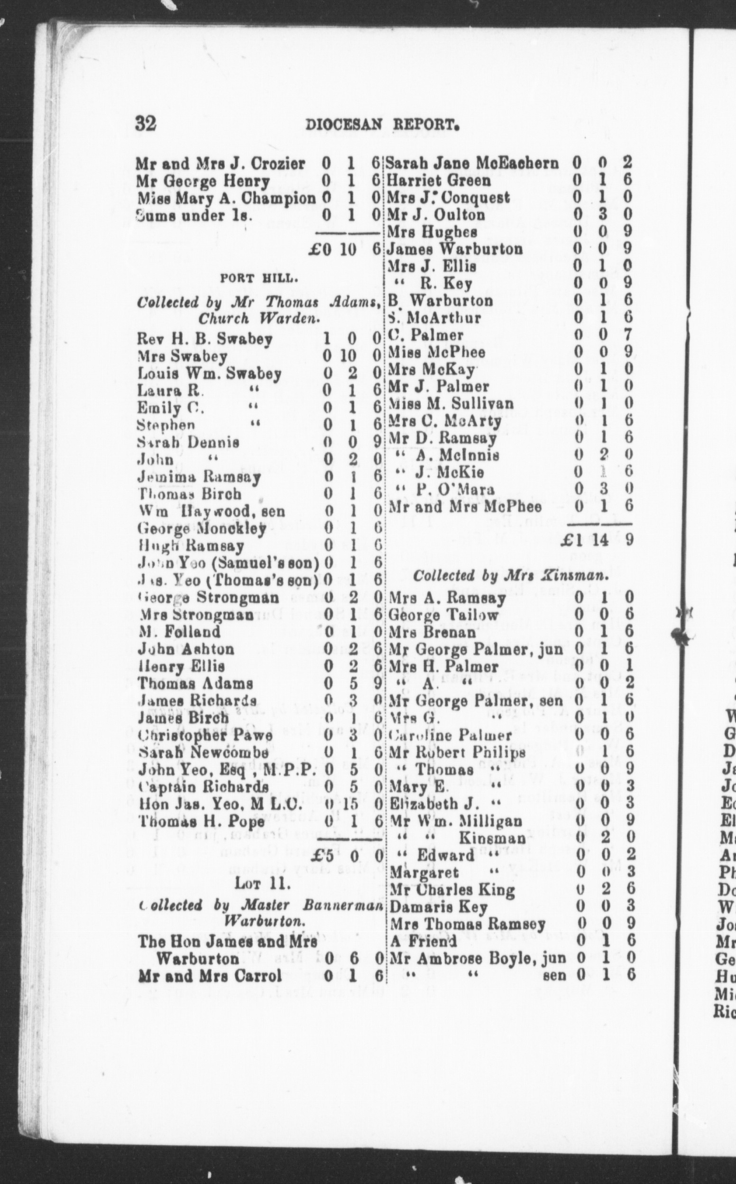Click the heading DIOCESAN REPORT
pos(382,125)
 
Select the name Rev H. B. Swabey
pos(204,339)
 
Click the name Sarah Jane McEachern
pos(473,163)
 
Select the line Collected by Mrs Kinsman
pos(511,576)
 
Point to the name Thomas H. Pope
pos(201,821)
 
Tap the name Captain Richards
pos(203,787)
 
